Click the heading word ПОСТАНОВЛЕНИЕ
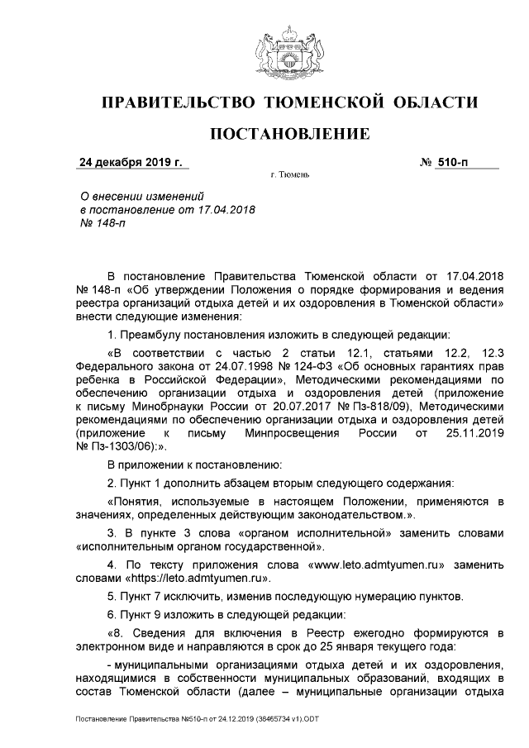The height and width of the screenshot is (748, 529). (288, 134)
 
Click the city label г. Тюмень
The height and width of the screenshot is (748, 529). (289, 176)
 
